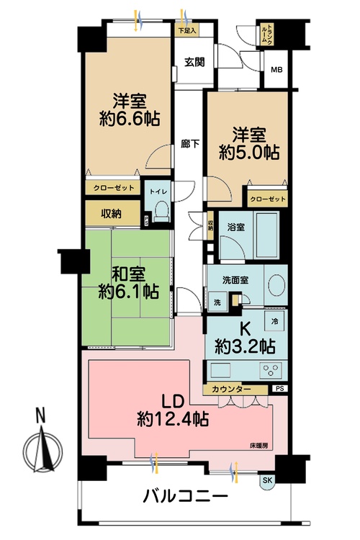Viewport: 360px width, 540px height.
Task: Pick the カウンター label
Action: (232, 390)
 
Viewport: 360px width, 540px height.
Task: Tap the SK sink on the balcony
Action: (268, 480)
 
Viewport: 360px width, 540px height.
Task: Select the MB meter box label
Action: (275, 69)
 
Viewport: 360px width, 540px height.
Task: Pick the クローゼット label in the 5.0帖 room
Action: (268, 199)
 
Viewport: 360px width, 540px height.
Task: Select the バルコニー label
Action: (185, 497)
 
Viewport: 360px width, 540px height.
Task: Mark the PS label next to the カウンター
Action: (279, 390)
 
